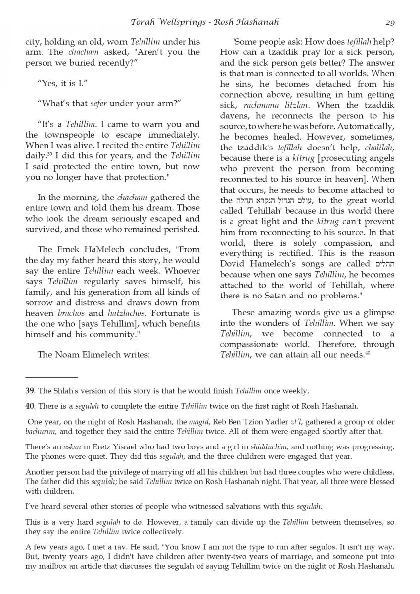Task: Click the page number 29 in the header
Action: pos(389,22)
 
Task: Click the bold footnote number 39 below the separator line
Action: pos(29,391)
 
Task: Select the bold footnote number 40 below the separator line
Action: pos(29,406)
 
